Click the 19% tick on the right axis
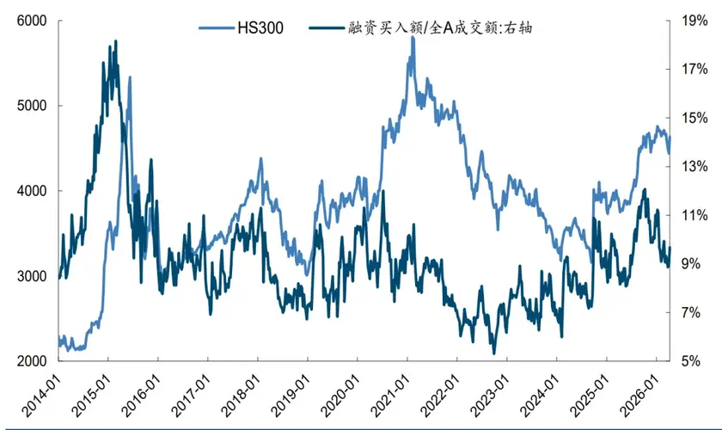click(689, 21)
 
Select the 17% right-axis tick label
click(689, 69)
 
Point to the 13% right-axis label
click(689, 167)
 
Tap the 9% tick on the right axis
click(689, 264)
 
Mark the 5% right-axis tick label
click(689, 361)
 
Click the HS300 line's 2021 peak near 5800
click(413, 37)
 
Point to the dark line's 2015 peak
click(115, 40)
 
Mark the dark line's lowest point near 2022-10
click(493, 353)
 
